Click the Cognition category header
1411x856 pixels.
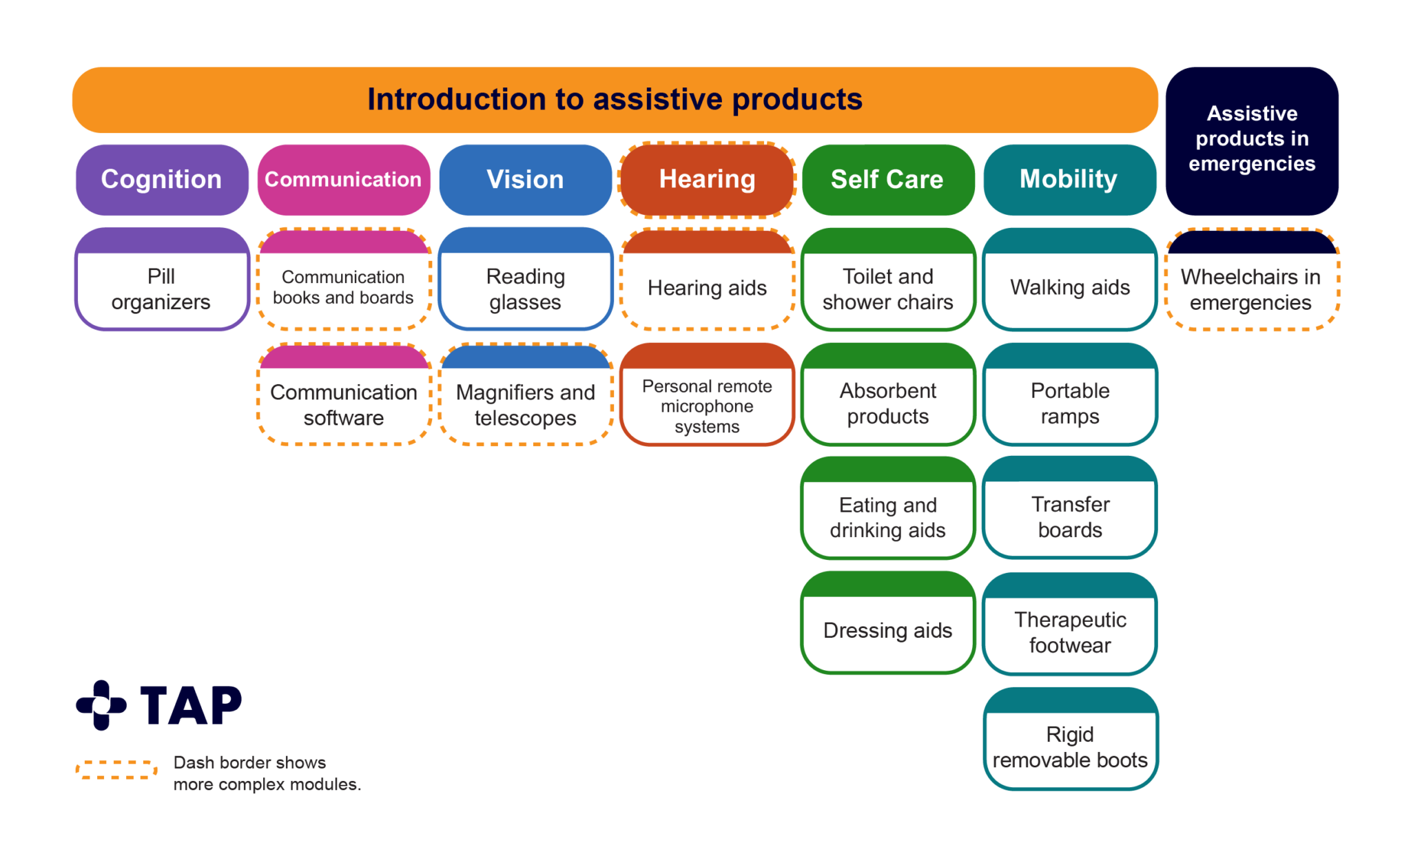[x=161, y=180]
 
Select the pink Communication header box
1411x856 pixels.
[x=343, y=180]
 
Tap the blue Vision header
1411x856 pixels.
[x=525, y=180]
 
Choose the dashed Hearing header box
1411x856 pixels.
[x=707, y=180]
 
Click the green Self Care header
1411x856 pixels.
[x=887, y=180]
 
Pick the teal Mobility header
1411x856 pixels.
[x=1069, y=180]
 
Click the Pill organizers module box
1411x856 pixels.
[x=161, y=289]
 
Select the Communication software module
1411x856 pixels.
[x=343, y=404]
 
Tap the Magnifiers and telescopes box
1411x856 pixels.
[x=525, y=404]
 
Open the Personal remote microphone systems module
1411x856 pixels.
[x=707, y=406]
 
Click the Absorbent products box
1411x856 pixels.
[x=887, y=404]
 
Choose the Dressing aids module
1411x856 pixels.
[x=887, y=630]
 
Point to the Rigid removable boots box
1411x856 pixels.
[x=1070, y=747]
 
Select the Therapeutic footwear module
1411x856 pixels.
[x=1070, y=632]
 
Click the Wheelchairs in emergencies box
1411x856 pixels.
[x=1250, y=289]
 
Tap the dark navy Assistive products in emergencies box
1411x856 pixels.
[x=1252, y=139]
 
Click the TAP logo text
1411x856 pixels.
[x=191, y=705]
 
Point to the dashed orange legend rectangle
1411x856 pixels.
[x=116, y=770]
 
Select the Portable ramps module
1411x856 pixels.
[x=1070, y=404]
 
